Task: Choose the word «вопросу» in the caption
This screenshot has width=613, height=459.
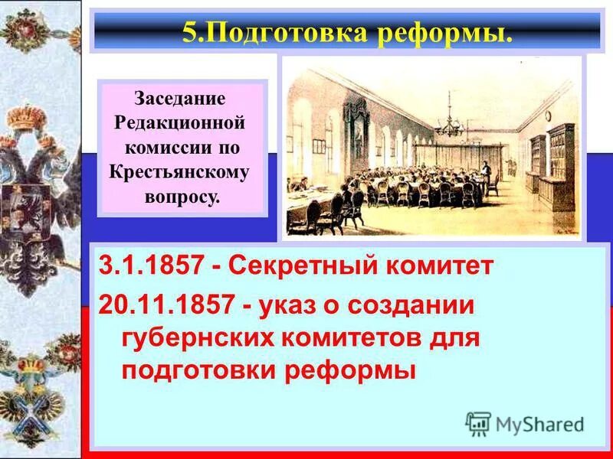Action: coord(181,196)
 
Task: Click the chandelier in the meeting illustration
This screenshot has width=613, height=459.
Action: coord(447,127)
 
